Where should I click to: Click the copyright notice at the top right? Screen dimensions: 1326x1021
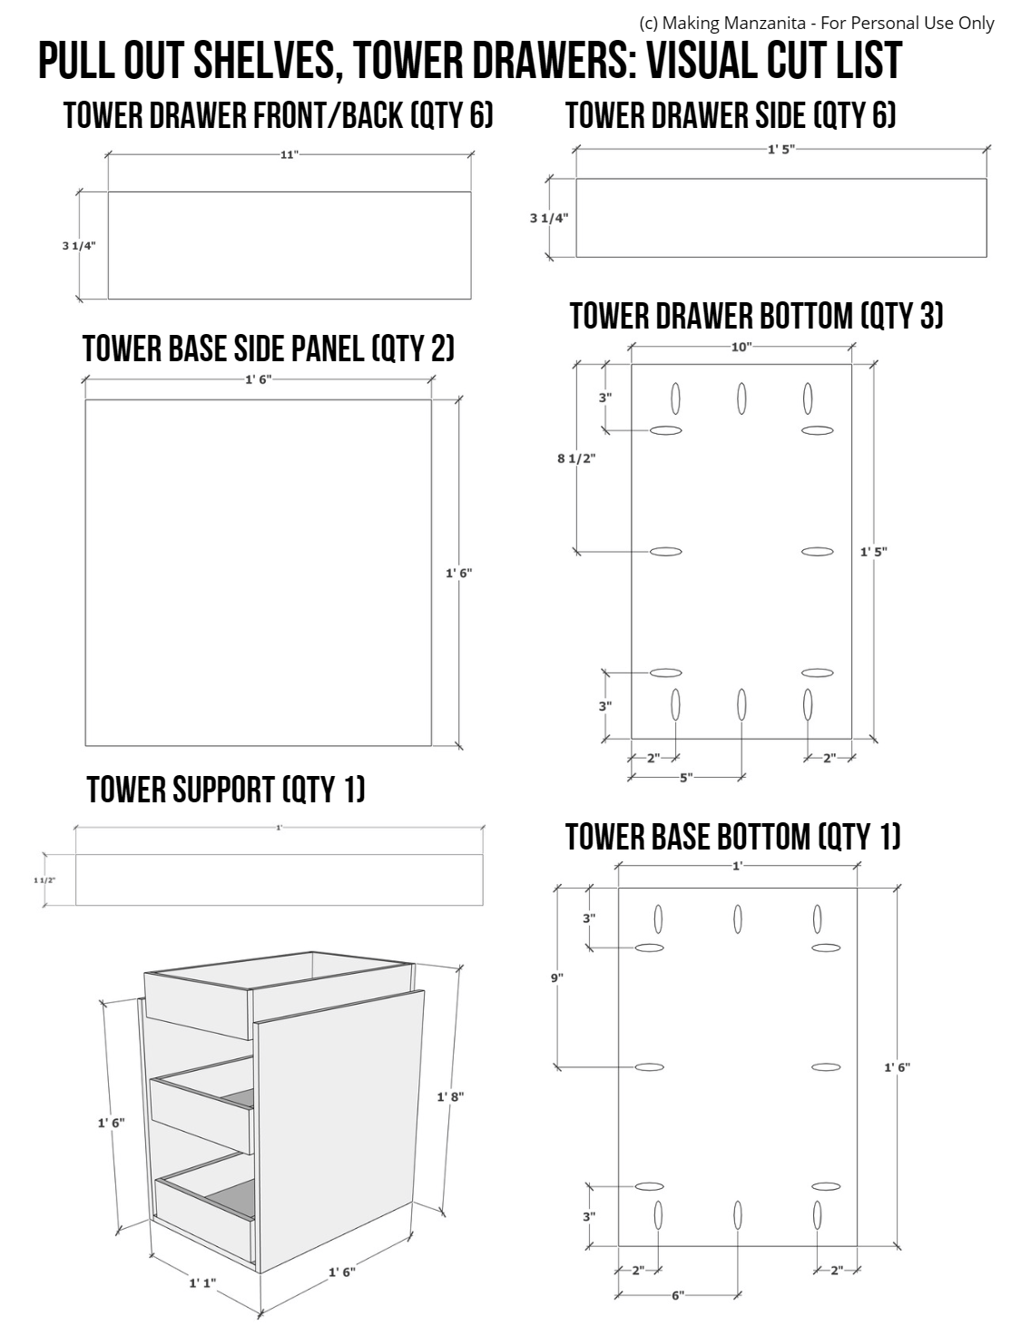tap(816, 23)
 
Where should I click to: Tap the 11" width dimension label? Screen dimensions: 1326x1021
tap(289, 155)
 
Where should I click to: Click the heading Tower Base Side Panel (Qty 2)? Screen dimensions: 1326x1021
tap(268, 349)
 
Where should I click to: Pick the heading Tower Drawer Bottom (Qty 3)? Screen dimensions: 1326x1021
tap(756, 316)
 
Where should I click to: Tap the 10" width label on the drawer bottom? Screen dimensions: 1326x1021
tap(741, 347)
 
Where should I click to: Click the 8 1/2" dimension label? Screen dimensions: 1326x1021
tap(575, 458)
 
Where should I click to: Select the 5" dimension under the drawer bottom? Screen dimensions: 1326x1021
tap(686, 777)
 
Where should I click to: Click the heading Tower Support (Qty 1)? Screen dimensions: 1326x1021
tap(226, 790)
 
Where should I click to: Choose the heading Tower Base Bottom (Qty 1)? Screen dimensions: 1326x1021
tap(732, 836)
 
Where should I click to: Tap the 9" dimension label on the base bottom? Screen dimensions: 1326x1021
tap(556, 977)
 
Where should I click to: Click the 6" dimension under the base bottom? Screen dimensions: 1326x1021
tap(678, 1296)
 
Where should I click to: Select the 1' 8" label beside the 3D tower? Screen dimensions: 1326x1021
tap(450, 1097)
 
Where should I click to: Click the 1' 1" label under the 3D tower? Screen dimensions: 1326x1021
tap(202, 1283)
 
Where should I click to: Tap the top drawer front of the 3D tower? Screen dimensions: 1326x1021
tap(197, 1005)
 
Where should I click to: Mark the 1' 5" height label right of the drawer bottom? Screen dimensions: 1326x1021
tap(873, 552)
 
